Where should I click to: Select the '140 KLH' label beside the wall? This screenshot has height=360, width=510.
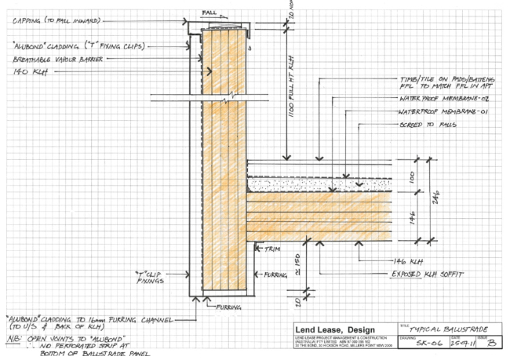[29, 71]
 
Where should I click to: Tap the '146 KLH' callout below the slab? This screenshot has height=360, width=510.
[409, 260]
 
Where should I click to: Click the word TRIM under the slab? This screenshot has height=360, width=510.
[272, 249]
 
